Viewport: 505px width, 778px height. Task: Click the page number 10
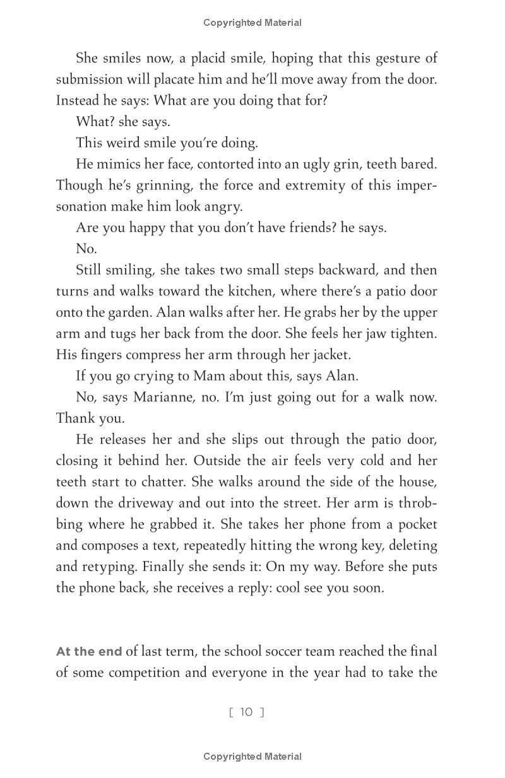pos(246,712)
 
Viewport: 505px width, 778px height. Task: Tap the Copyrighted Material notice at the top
pos(252,23)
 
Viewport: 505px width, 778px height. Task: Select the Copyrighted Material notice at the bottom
pos(252,757)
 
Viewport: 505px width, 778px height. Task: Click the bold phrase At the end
pos(89,651)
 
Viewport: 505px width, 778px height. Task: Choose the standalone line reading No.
pos(86,249)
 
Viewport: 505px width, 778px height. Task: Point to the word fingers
pos(105,355)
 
